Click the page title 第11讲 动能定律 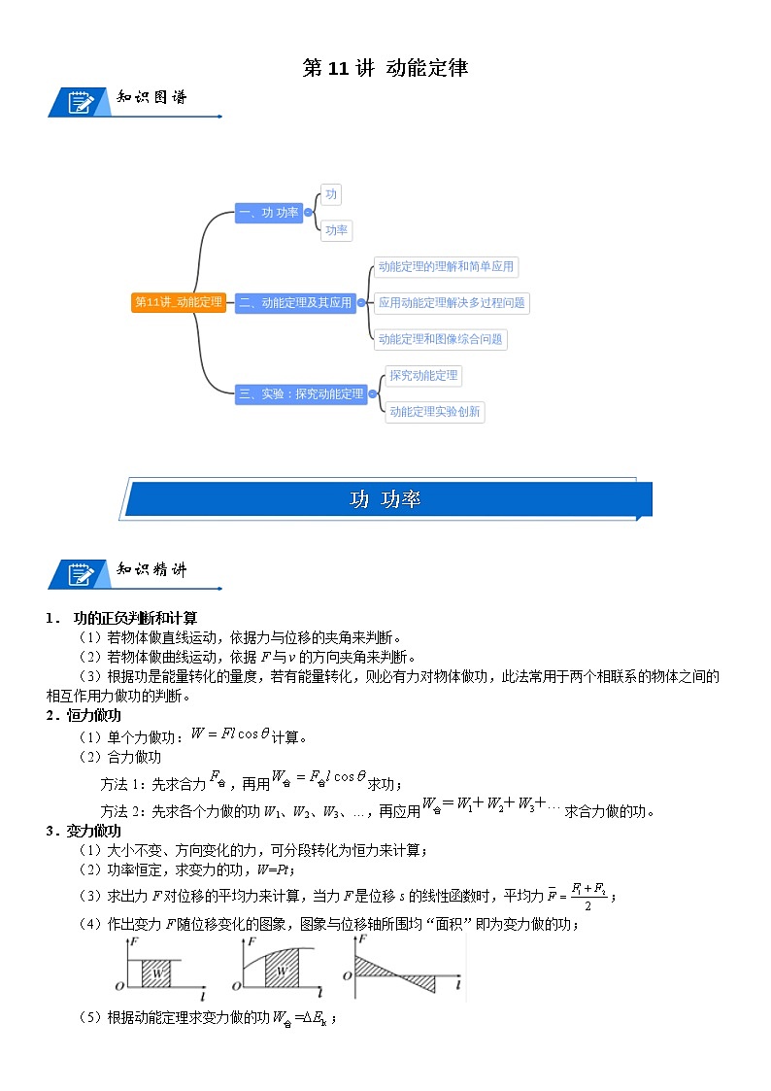[385, 68]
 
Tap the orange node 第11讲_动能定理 [179, 302]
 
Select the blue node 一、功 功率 [268, 213]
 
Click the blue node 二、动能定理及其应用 [295, 302]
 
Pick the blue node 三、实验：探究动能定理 [301, 393]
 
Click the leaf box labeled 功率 [336, 231]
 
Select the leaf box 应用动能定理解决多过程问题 [452, 302]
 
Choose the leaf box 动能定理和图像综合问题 [441, 339]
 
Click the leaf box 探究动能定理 [422, 375]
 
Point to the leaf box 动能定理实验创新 [434, 412]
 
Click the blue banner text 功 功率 [385, 499]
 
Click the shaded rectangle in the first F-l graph [157, 972]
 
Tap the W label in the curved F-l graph [282, 971]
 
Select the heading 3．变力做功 [84, 831]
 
